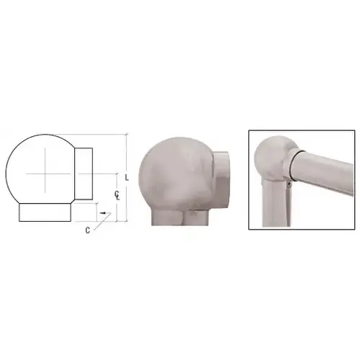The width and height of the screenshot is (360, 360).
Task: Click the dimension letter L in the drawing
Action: point(127,178)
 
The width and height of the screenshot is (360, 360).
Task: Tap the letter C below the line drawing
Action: point(88,230)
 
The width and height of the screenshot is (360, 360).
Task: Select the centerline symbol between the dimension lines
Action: point(117,195)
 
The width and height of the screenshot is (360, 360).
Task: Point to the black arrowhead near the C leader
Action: point(103,213)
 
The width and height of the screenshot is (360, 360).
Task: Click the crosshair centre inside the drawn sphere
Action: point(45,174)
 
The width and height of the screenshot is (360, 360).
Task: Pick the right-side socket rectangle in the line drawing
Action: point(84,174)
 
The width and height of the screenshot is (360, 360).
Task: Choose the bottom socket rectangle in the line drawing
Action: point(45,212)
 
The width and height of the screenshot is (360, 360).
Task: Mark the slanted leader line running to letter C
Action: point(102,222)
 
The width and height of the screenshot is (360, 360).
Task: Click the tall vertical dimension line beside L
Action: point(127,177)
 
